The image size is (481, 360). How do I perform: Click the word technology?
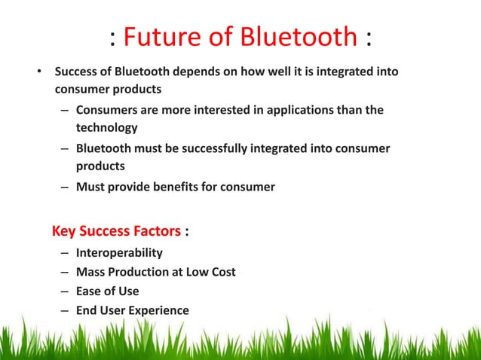[x=106, y=128]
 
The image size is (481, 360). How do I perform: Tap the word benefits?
[x=173, y=186]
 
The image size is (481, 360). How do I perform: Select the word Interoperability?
[x=119, y=252]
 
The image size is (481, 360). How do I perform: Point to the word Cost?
[x=222, y=272]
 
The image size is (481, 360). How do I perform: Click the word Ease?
[x=89, y=291]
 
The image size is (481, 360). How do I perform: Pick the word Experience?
[x=159, y=310]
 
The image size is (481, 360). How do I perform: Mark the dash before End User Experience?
[x=66, y=310]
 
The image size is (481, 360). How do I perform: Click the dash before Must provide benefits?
[x=66, y=186]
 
